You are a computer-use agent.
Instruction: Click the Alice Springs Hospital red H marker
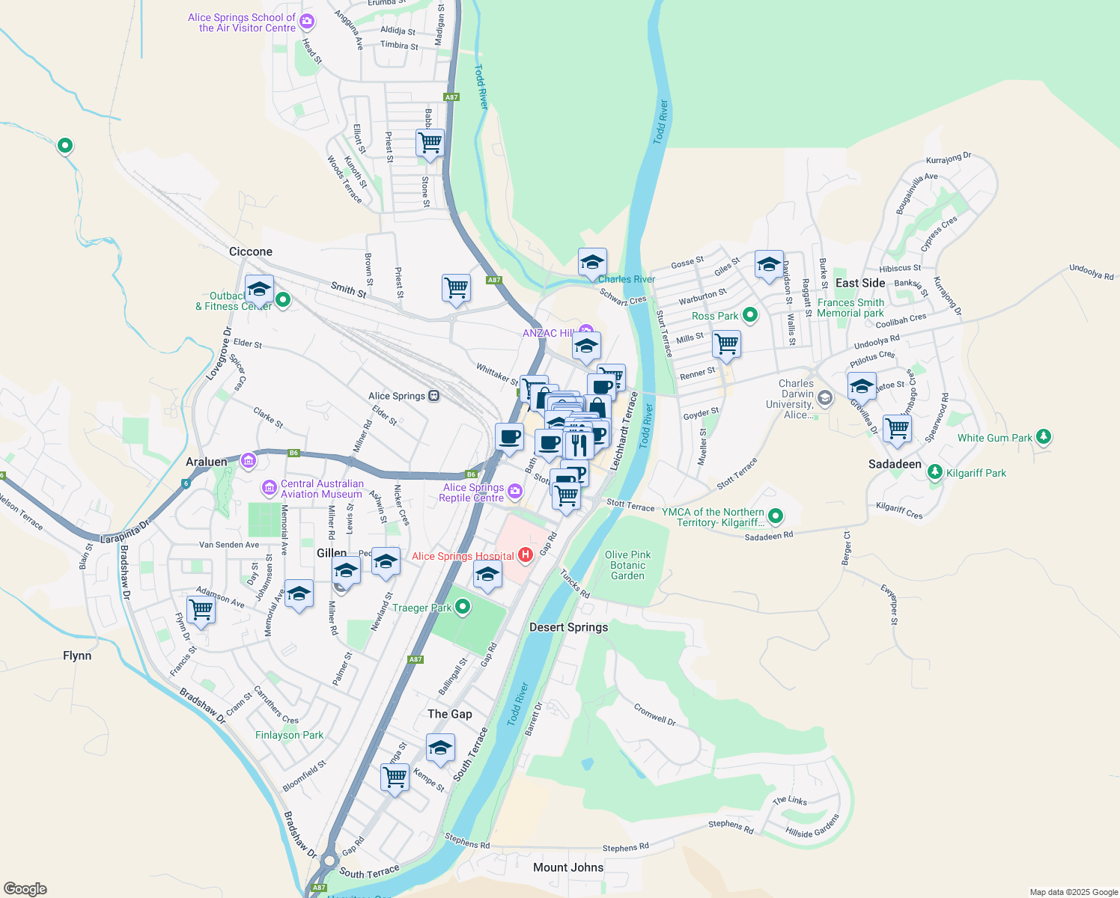526,555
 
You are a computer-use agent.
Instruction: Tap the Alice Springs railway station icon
433,396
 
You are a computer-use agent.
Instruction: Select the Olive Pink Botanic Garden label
627,565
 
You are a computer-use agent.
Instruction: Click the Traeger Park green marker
463,607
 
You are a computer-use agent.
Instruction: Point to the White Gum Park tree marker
1044,437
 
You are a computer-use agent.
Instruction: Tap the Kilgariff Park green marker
934,472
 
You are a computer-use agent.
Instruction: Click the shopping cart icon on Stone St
430,141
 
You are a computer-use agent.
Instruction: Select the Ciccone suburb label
251,251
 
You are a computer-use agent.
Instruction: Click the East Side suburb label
860,283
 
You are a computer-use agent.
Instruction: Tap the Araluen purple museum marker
249,461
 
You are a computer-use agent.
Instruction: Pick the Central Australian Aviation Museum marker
269,489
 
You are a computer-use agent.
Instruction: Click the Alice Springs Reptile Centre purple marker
514,492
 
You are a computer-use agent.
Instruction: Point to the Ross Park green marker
750,315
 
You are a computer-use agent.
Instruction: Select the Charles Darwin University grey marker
824,397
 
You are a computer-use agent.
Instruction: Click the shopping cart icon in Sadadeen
897,428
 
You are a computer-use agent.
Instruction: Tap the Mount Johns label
568,867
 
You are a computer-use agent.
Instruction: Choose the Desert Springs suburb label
568,627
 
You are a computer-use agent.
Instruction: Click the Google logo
25,889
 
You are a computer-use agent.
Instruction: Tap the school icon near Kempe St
440,747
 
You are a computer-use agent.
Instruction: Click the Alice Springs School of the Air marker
306,22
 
